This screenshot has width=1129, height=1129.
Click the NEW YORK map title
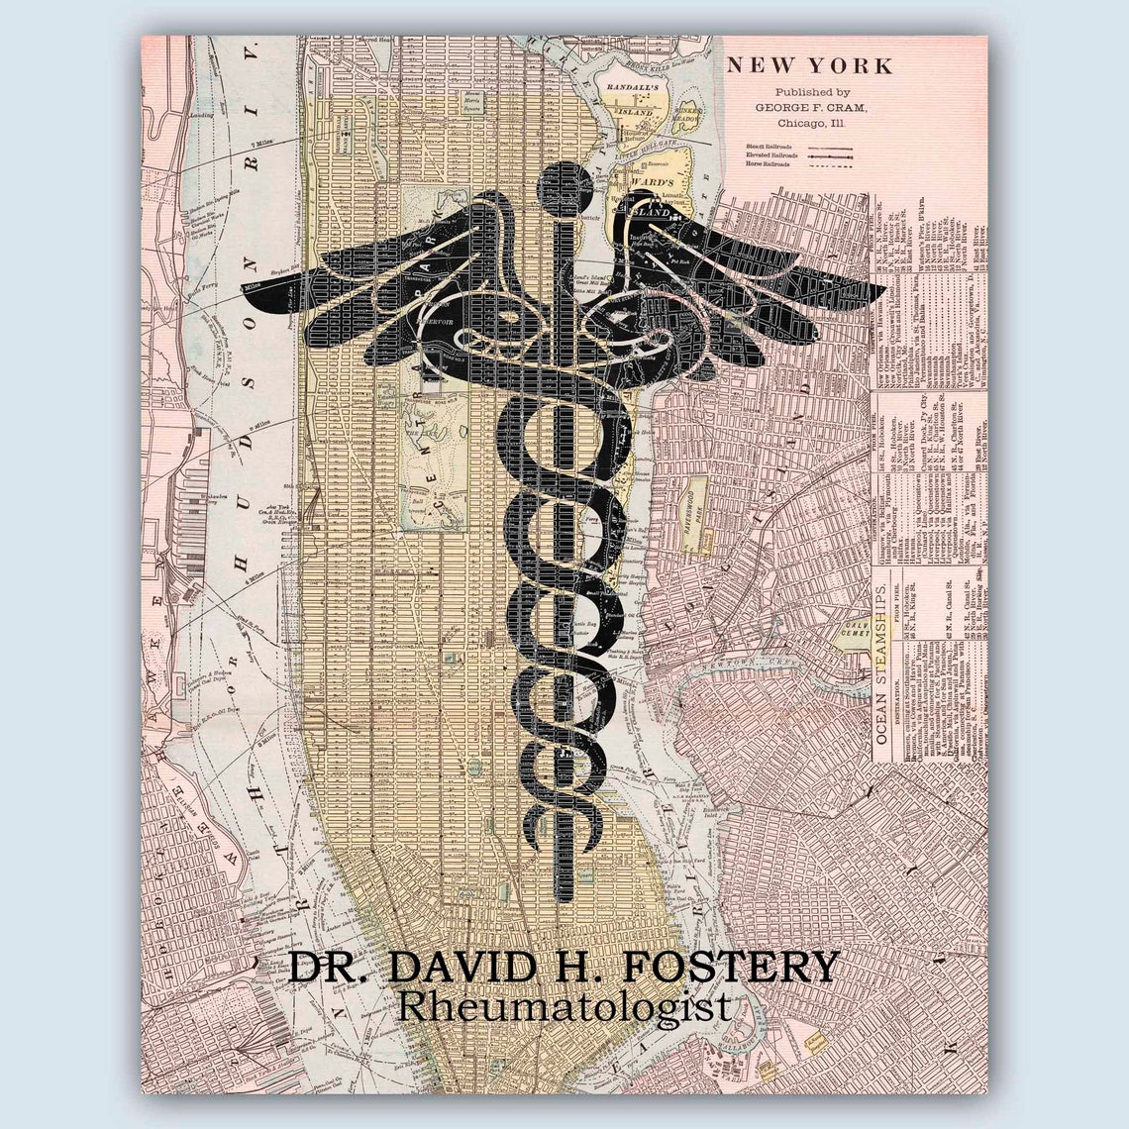click(809, 66)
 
